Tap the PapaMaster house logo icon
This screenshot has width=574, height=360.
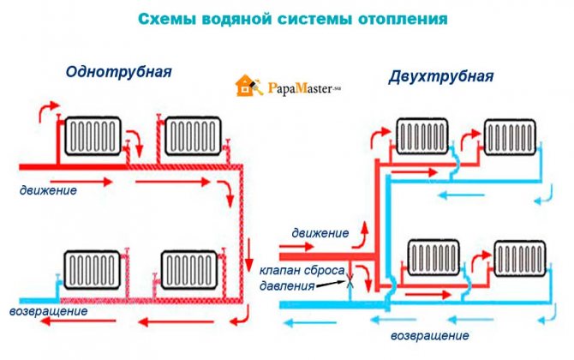point(245,87)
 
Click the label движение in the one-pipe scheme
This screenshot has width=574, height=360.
point(51,190)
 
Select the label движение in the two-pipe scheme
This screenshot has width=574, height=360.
point(320,232)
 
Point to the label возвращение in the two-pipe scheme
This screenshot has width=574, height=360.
point(429,333)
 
